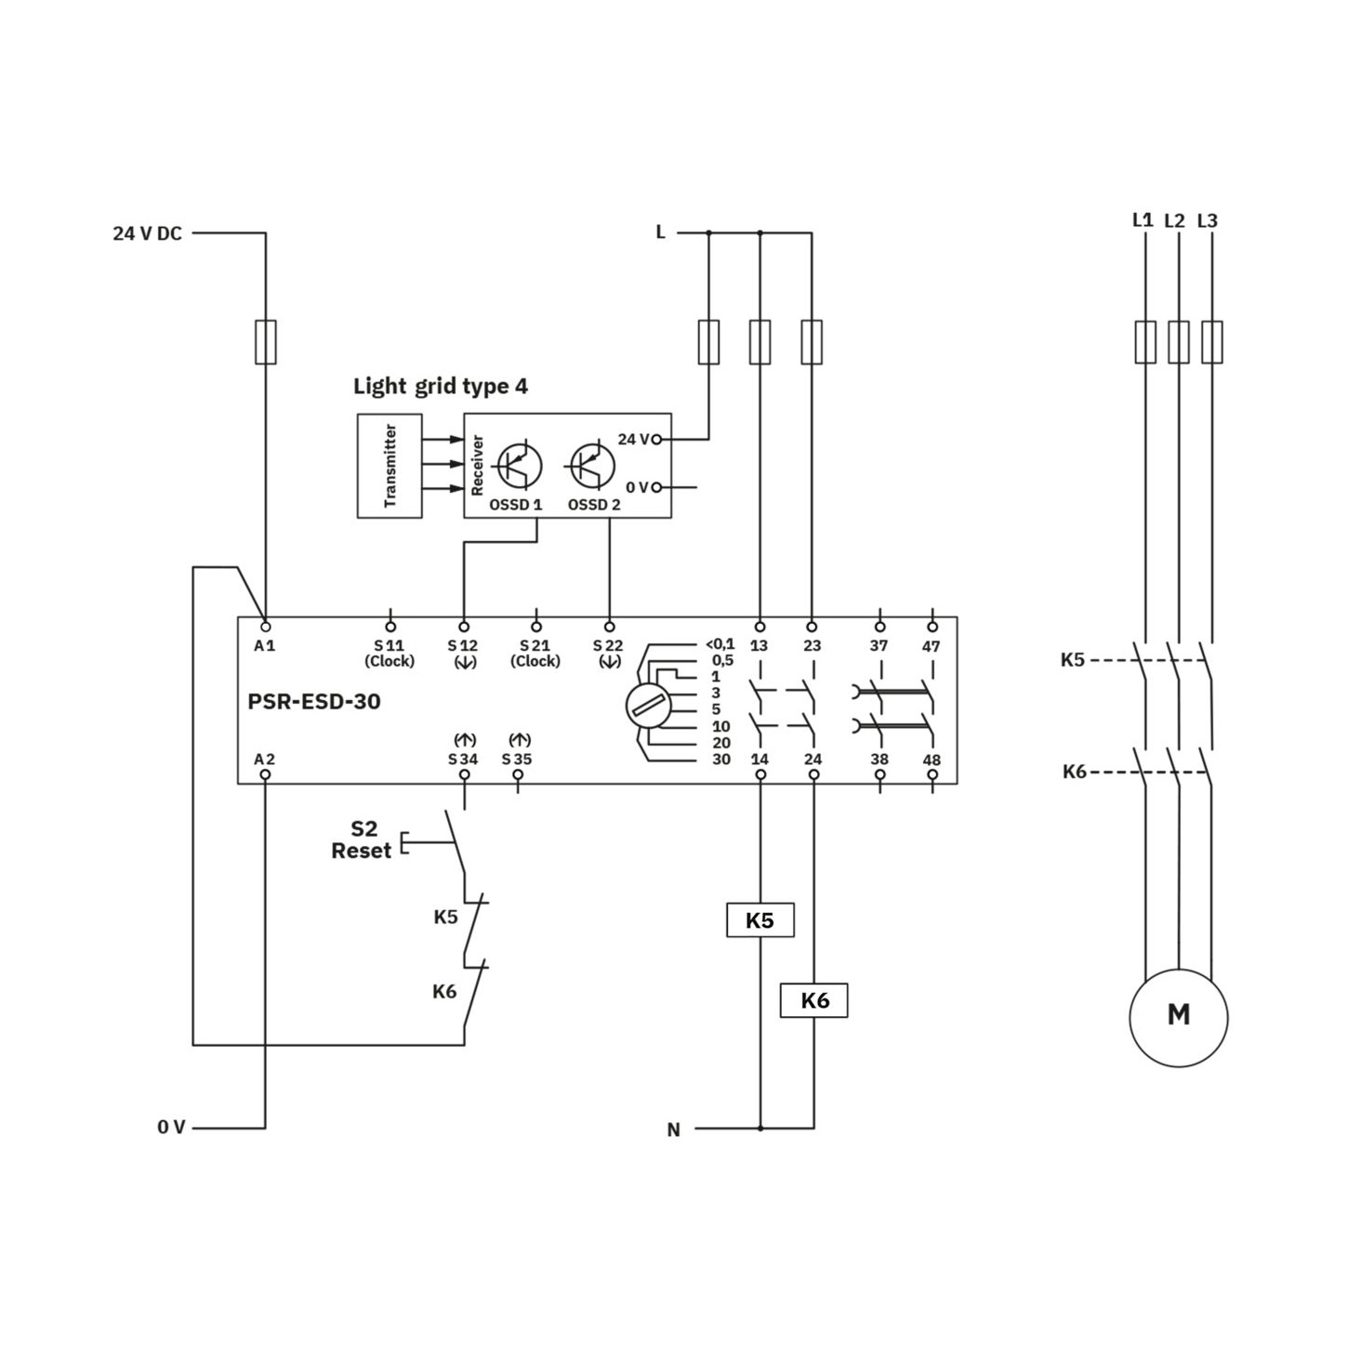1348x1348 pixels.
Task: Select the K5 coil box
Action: (x=760, y=919)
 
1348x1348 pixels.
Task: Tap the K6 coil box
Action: (x=813, y=1000)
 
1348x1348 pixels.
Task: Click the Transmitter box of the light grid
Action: (x=390, y=466)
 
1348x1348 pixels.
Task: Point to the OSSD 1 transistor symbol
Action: (x=519, y=466)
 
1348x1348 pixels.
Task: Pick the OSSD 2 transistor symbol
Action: (x=592, y=466)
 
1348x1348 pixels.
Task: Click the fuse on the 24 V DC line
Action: (x=265, y=342)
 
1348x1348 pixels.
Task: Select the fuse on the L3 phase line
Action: (x=1211, y=342)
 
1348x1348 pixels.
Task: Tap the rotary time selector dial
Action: (x=649, y=707)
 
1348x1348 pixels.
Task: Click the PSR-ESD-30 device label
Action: (x=314, y=702)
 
